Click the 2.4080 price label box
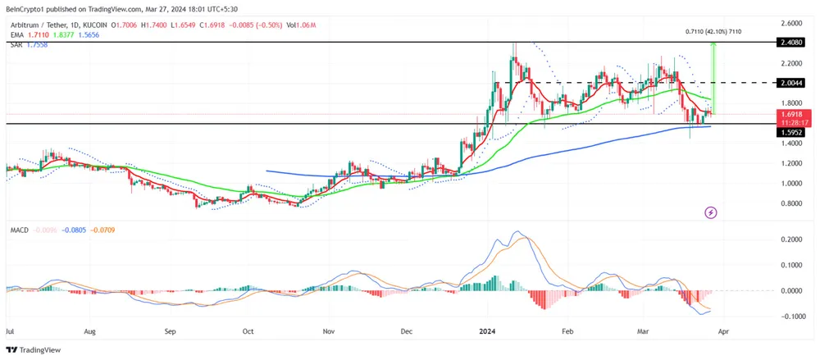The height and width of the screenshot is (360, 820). pos(791,41)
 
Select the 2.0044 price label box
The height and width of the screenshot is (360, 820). pos(791,83)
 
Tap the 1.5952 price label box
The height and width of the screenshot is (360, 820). pos(791,132)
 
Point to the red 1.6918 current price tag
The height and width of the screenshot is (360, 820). pos(791,114)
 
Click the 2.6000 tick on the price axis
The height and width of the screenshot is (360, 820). pos(791,23)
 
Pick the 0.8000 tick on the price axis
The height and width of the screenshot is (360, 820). pos(791,203)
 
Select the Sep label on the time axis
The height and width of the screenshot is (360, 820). pos(170,332)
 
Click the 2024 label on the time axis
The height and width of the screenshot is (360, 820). pos(487,332)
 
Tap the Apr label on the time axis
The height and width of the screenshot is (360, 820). pos(723,332)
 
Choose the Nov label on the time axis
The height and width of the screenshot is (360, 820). pos(328,332)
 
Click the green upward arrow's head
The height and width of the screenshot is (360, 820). pos(713,46)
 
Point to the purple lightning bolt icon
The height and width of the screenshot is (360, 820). pos(711,212)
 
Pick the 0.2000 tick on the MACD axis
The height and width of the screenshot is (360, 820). pos(791,239)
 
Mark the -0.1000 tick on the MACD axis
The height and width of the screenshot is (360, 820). pos(790,316)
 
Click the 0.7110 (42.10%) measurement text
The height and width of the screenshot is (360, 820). pos(713,31)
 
